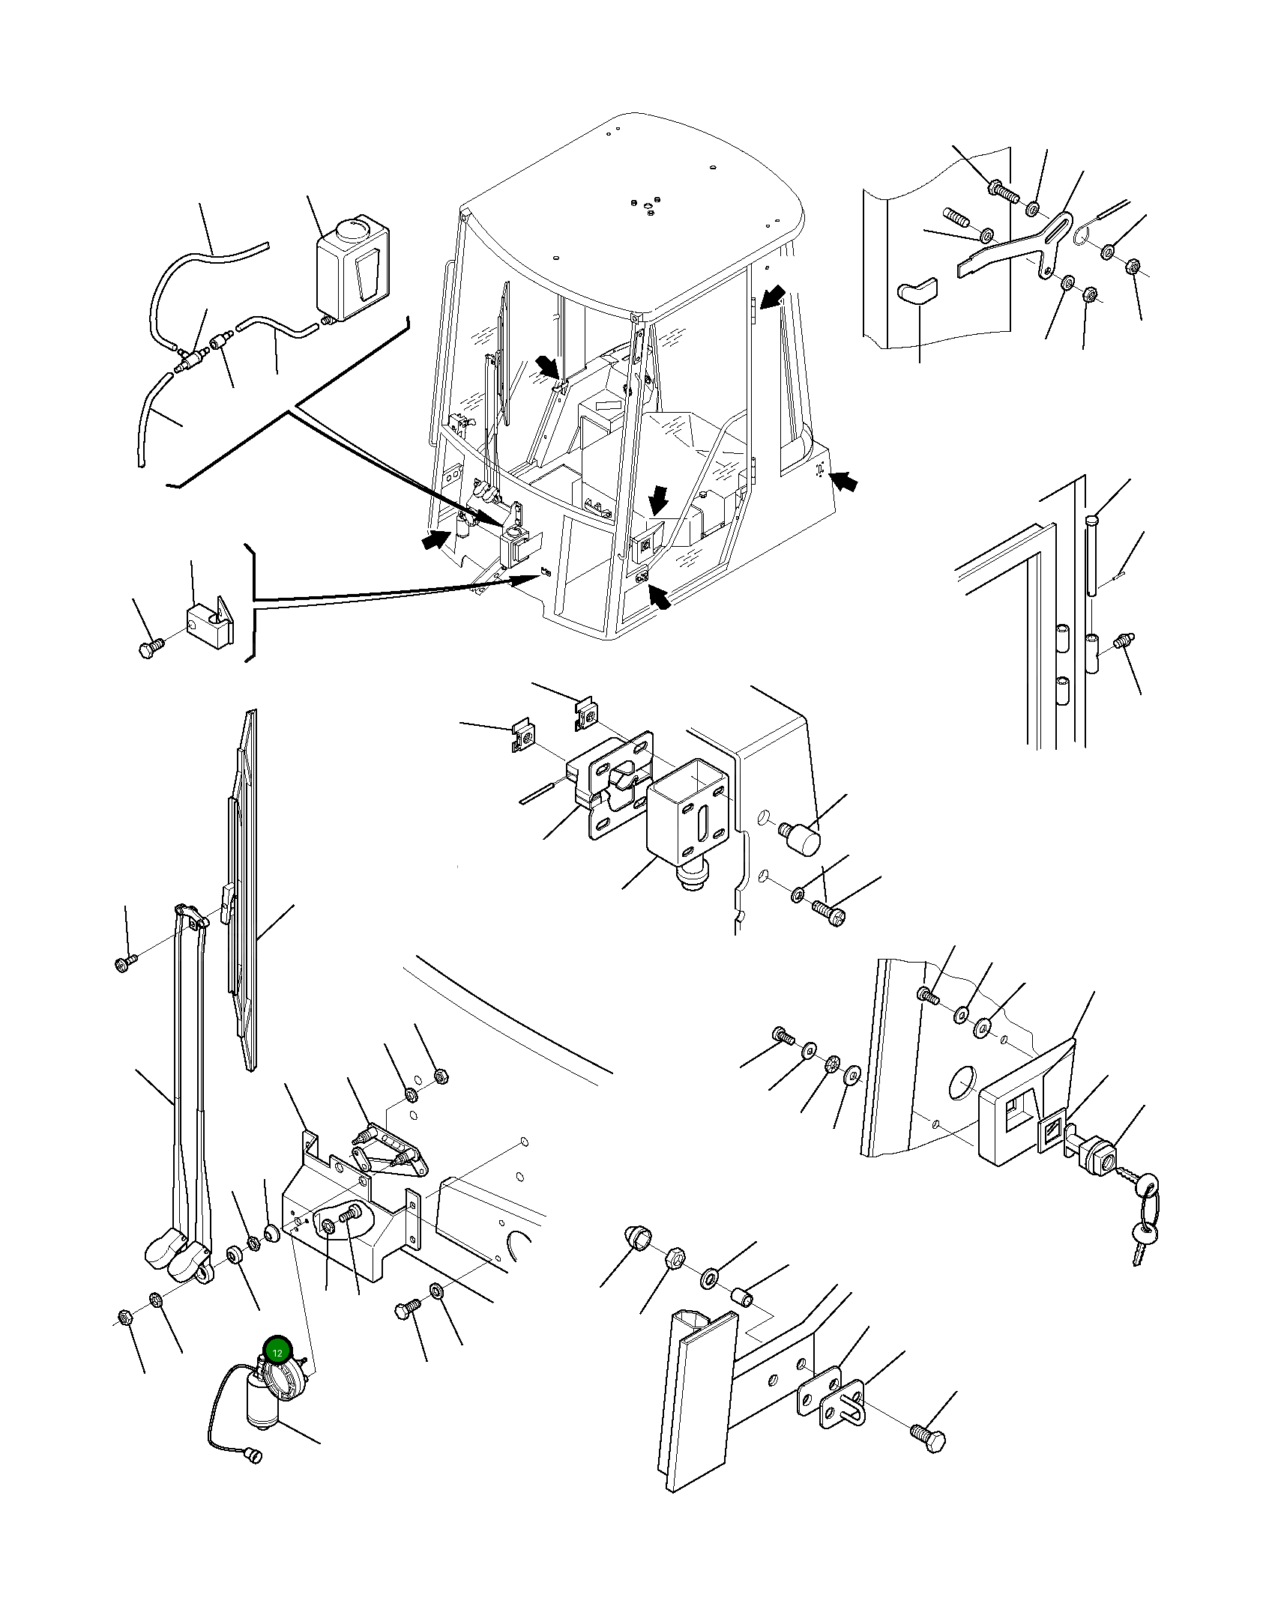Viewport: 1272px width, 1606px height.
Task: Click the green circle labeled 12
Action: coord(277,1352)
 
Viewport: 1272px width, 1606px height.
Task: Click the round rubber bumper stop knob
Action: coord(804,838)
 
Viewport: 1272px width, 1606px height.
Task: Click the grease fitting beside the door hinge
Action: coord(1124,641)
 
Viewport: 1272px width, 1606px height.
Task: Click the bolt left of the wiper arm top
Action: coord(124,962)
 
